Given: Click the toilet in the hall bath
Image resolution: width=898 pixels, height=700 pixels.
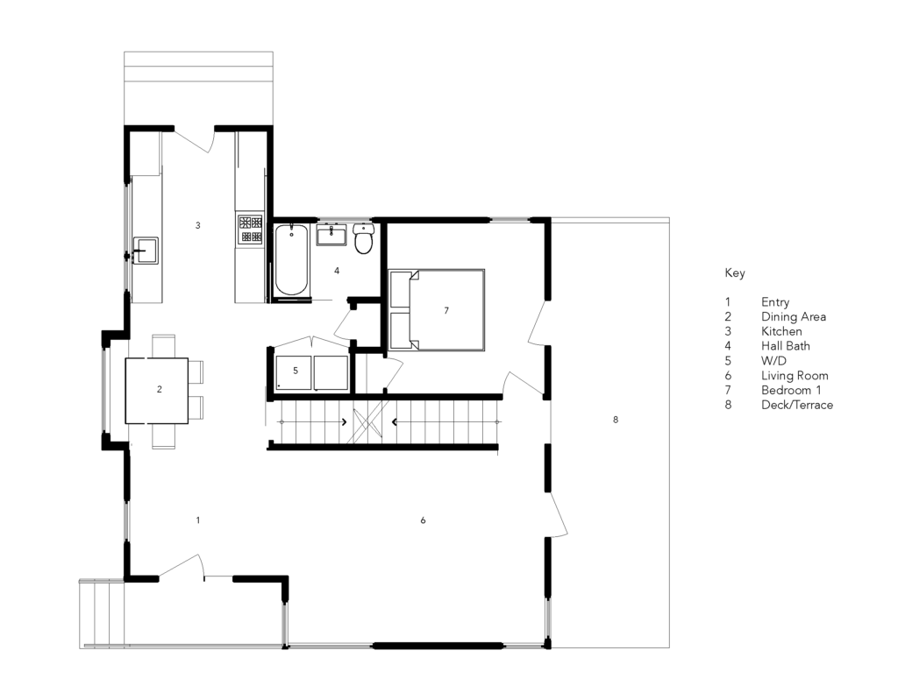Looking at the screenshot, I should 364,238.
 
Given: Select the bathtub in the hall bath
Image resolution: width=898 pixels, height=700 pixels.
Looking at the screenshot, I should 291,260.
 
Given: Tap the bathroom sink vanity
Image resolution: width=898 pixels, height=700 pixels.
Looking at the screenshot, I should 332,235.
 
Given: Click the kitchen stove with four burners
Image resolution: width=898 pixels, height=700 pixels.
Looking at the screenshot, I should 250,229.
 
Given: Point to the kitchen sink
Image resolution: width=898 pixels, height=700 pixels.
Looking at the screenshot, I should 145,251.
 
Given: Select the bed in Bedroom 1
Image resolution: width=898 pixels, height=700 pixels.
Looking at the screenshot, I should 437,310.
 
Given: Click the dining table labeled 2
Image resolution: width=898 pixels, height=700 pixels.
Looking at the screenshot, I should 157,390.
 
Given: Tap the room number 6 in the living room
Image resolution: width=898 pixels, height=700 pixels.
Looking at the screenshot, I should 423,520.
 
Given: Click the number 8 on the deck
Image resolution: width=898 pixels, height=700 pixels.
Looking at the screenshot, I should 616,420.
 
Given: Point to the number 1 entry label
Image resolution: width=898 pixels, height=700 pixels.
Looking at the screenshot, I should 198,520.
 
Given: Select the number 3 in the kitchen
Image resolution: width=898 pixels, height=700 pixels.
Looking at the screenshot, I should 198,225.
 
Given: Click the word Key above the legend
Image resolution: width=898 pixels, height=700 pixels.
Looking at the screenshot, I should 734,273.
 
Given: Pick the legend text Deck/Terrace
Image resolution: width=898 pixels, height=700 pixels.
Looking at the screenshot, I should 796,405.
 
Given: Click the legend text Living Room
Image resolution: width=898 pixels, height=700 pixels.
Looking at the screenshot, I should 794,376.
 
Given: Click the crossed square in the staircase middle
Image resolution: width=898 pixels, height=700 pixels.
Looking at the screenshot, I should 366,422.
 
